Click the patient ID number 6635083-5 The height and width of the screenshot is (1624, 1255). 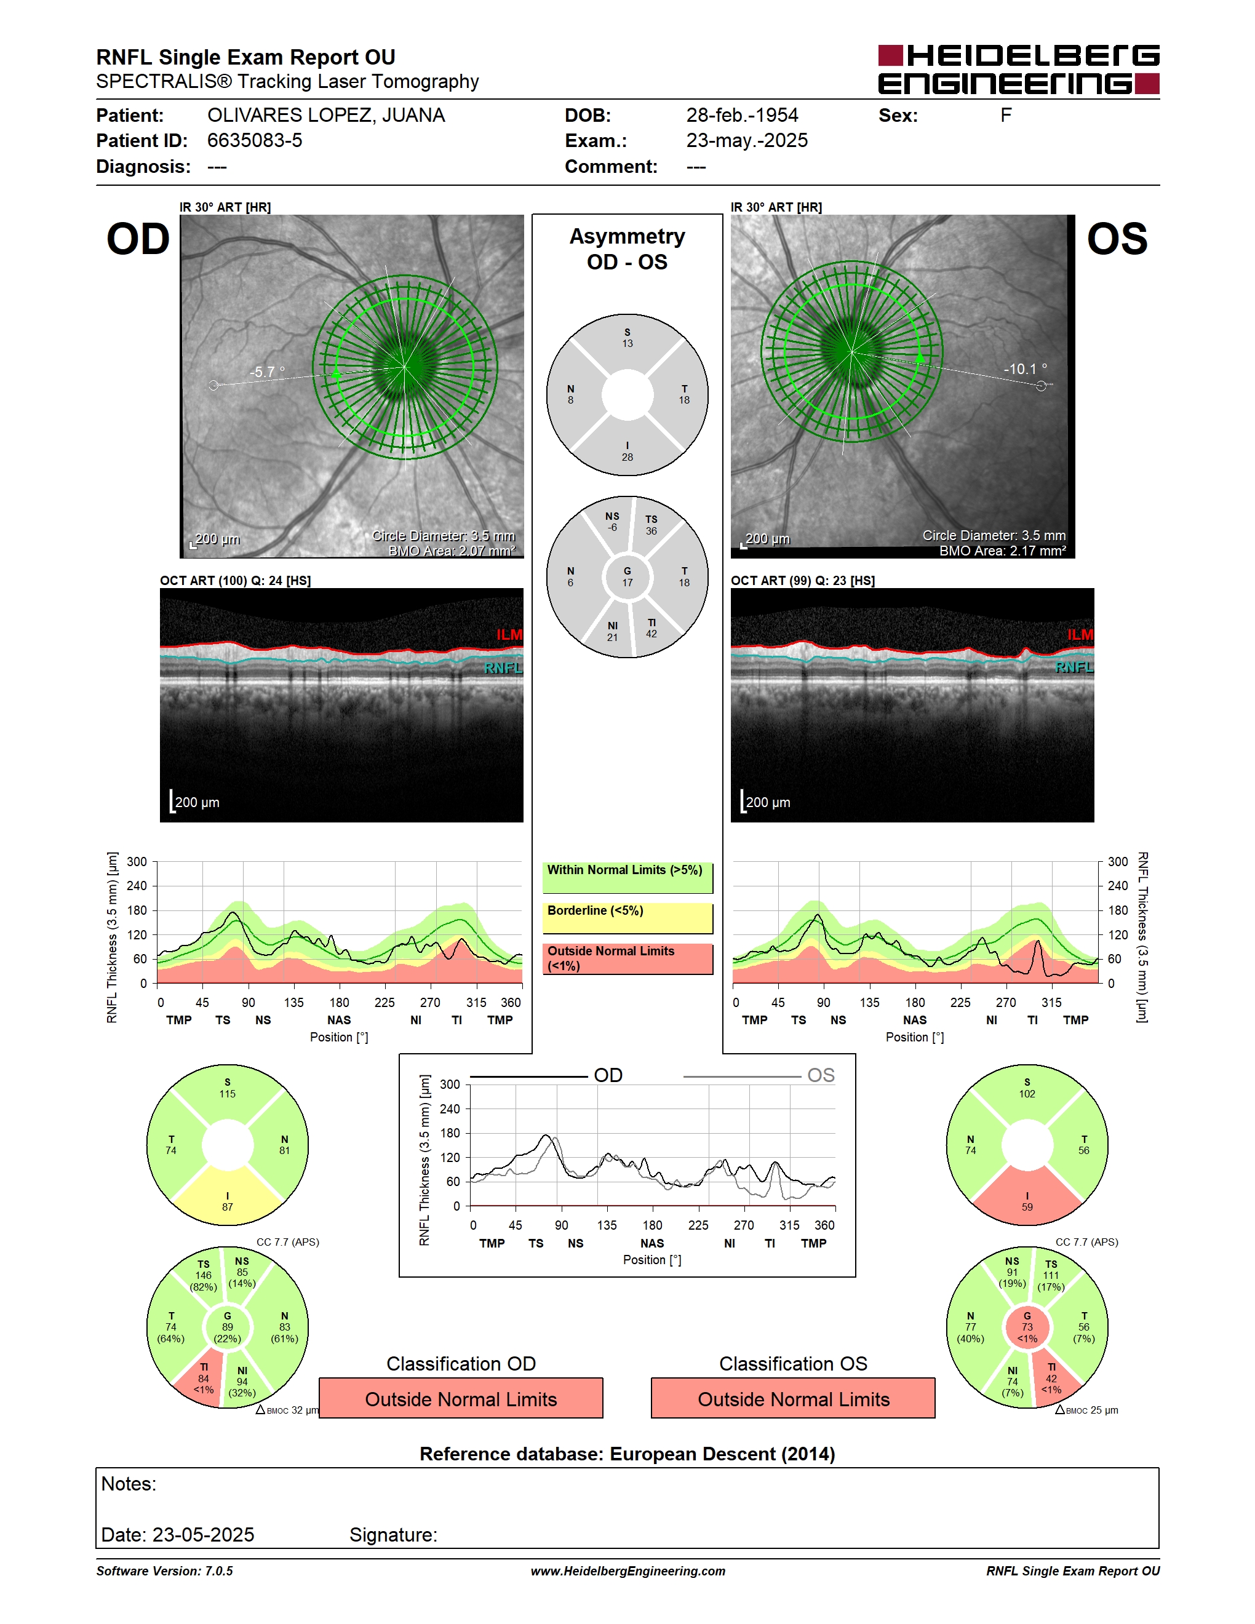(x=254, y=140)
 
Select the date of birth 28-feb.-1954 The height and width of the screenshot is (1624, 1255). (x=742, y=115)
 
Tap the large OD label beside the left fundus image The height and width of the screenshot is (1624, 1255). (x=138, y=239)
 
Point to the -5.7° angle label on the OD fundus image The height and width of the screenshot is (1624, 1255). (x=267, y=372)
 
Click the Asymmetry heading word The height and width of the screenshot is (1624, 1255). (x=627, y=236)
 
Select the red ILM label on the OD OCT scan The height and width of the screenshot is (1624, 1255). (x=509, y=634)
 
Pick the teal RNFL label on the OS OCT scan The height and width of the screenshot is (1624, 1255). (x=1074, y=667)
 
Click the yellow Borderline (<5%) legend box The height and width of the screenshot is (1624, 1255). (x=627, y=918)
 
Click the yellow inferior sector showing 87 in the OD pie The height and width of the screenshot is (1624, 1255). (x=228, y=1197)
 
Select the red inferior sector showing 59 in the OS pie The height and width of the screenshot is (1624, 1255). (x=1027, y=1197)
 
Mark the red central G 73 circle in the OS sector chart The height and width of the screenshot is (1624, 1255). (x=1027, y=1326)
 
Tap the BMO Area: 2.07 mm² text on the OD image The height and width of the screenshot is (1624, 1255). (x=452, y=551)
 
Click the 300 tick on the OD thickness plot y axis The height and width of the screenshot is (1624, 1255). (x=137, y=862)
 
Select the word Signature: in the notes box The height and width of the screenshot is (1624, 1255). (x=393, y=1535)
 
